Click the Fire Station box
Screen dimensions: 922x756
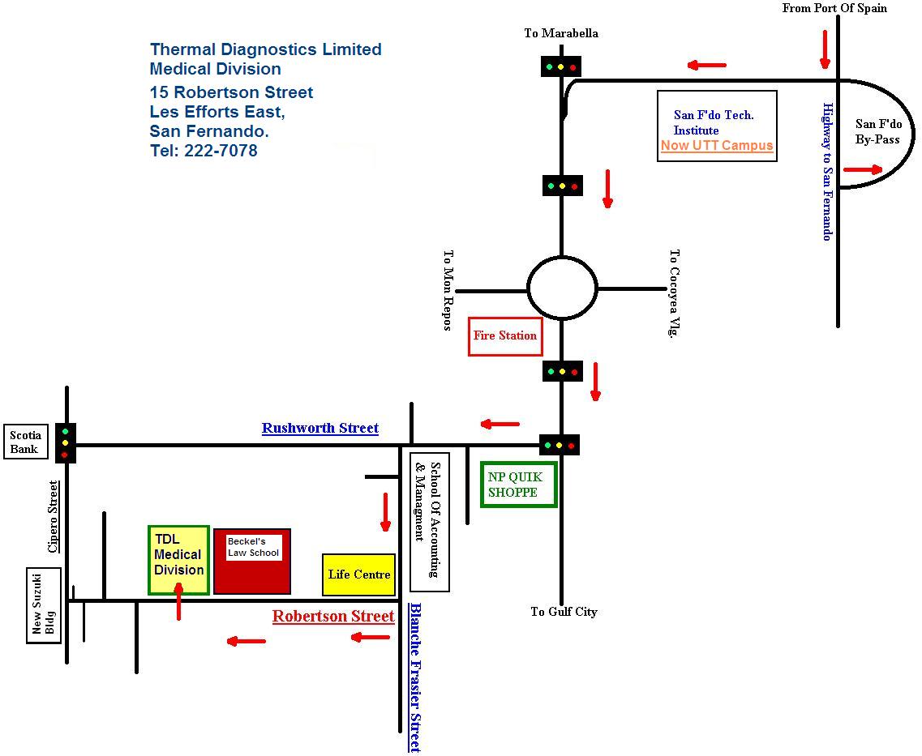click(505, 336)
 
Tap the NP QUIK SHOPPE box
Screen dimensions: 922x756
click(519, 485)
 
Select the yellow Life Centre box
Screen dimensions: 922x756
click(358, 574)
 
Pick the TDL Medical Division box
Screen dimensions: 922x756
click(178, 561)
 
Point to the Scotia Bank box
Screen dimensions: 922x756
click(25, 442)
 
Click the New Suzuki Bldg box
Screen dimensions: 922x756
click(44, 605)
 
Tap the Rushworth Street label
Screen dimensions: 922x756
click(319, 428)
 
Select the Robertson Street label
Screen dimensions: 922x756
click(332, 616)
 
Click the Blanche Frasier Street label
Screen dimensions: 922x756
click(416, 677)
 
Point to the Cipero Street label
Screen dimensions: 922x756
click(54, 517)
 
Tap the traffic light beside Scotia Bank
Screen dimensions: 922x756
click(65, 443)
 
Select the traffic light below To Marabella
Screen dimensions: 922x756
click(561, 67)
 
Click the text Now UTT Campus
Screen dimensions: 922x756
click(717, 146)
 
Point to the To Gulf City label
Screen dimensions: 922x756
click(564, 612)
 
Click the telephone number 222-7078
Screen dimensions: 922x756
click(221, 151)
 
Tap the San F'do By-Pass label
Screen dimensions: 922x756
click(878, 131)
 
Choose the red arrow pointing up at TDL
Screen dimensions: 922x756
click(178, 601)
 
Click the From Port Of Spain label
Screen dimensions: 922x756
click(834, 8)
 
